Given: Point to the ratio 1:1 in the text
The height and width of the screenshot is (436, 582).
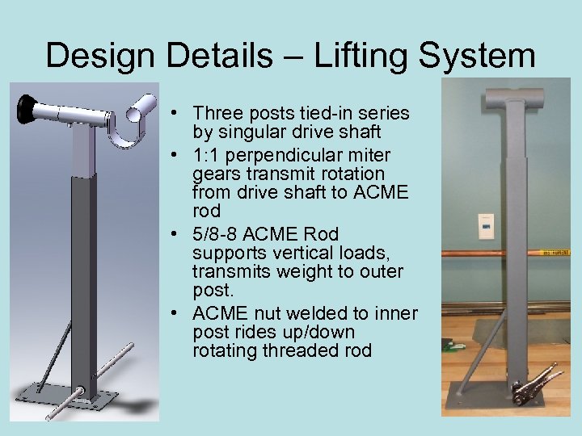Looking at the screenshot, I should (x=206, y=155).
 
